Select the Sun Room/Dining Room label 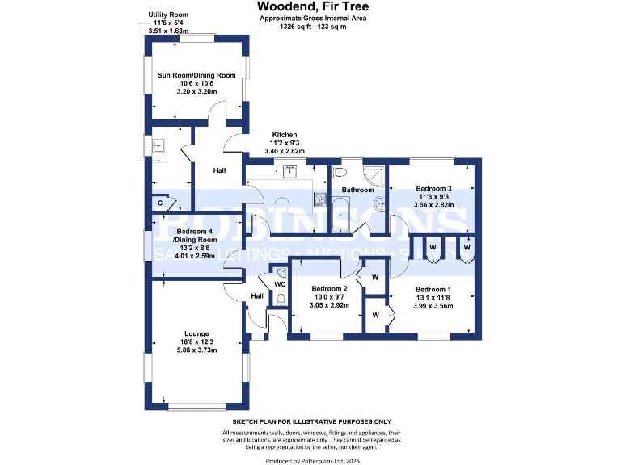click(x=196, y=75)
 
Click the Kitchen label click(x=284, y=135)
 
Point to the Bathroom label click(x=358, y=190)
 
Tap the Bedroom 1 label click(x=433, y=289)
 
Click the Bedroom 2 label click(x=329, y=289)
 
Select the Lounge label click(x=196, y=333)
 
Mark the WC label click(x=280, y=284)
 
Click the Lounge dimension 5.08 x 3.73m click(x=196, y=350)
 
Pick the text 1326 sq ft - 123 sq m click(x=310, y=27)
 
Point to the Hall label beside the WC click(x=257, y=296)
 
